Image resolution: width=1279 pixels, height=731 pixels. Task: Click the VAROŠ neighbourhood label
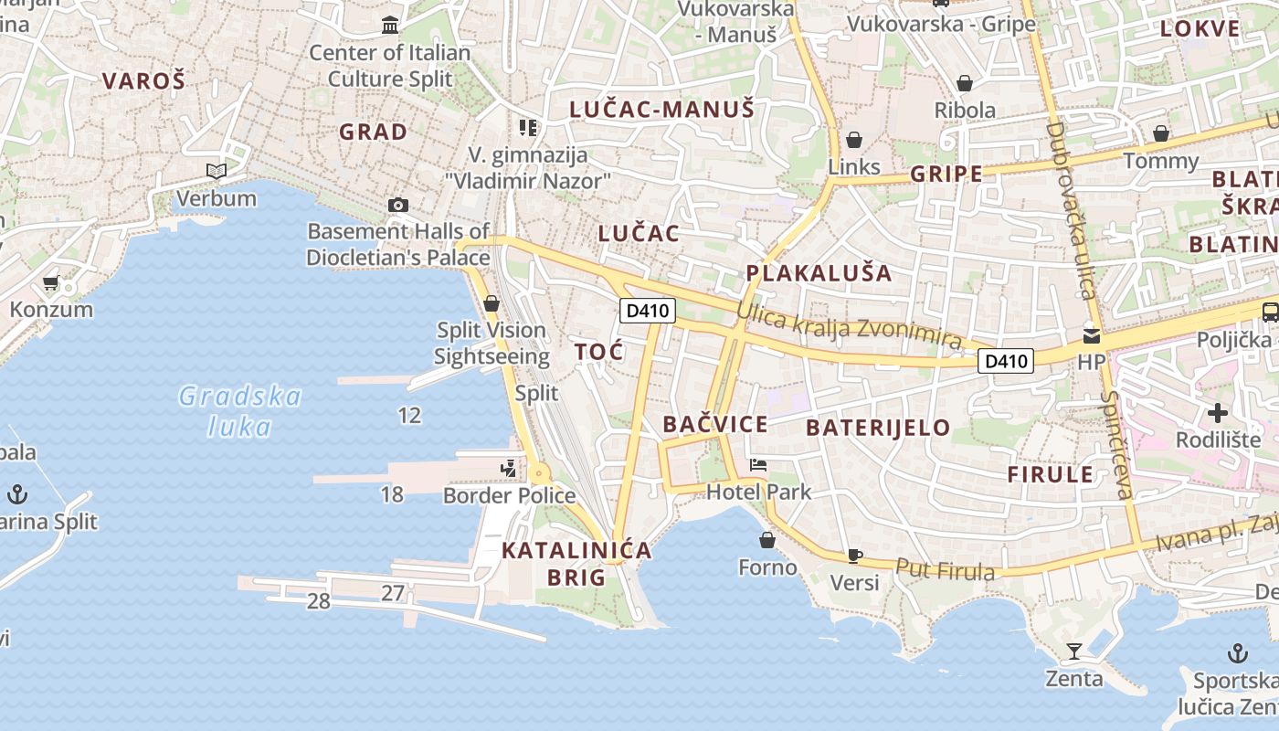click(x=143, y=80)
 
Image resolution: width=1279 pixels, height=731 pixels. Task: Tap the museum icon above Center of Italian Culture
click(x=391, y=25)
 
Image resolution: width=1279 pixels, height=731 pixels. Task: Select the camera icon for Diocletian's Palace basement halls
click(x=397, y=205)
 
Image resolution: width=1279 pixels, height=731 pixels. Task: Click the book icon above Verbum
click(x=217, y=171)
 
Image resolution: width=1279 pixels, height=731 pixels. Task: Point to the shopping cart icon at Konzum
click(x=51, y=283)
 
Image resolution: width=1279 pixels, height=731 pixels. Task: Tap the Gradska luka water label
click(x=239, y=411)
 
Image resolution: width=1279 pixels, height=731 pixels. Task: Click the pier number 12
click(x=409, y=416)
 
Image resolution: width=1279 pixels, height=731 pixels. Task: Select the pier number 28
click(x=318, y=601)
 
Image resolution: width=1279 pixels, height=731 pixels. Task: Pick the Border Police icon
click(x=508, y=469)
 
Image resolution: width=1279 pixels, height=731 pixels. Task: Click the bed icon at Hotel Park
click(x=758, y=465)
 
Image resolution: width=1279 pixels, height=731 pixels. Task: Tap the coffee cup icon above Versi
click(x=854, y=555)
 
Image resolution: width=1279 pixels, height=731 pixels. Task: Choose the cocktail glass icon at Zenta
click(x=1074, y=652)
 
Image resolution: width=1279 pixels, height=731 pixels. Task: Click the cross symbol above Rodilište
click(x=1217, y=413)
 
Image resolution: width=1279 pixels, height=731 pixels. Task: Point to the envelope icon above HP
click(x=1091, y=335)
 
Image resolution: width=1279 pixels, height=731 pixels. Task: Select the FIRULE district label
click(x=1050, y=473)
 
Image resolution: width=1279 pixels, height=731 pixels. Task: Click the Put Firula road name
click(x=945, y=569)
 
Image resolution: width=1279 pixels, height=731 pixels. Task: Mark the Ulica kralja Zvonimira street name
click(x=850, y=328)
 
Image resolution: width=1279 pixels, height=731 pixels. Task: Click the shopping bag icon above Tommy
click(x=1160, y=134)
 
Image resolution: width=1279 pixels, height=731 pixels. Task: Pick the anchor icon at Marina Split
click(x=17, y=495)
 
